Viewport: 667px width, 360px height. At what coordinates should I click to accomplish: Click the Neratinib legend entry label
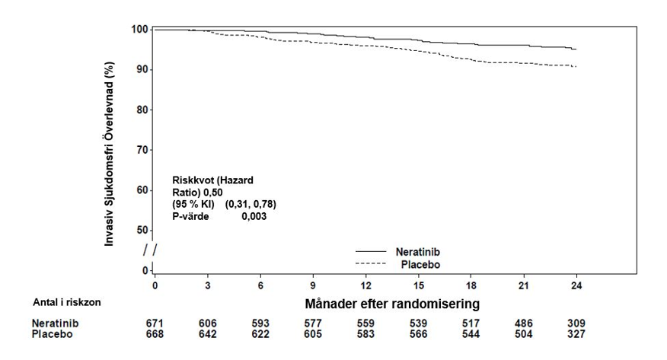tap(418, 252)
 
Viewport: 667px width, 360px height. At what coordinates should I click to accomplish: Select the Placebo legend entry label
tap(420, 264)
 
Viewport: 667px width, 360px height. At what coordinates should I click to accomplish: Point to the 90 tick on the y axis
tap(142, 69)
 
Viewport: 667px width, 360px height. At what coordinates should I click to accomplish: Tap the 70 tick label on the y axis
tap(142, 150)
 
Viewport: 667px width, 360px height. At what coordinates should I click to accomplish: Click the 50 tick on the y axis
tap(142, 231)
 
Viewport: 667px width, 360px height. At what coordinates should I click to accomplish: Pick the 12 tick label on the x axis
tap(365, 285)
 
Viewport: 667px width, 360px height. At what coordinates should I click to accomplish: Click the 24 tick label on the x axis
tap(576, 285)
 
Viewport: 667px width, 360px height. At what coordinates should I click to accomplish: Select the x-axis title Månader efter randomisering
tap(392, 304)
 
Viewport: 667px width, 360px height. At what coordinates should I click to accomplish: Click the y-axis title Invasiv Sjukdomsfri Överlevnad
tap(110, 154)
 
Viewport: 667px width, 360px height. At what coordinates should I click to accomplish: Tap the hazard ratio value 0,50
tap(212, 192)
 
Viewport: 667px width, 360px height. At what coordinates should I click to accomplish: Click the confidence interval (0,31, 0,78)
tap(251, 205)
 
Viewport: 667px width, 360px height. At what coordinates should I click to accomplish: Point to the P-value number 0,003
tap(254, 216)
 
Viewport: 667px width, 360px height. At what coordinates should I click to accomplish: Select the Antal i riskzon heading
tap(67, 302)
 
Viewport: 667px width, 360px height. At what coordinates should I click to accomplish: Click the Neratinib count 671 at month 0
tap(155, 323)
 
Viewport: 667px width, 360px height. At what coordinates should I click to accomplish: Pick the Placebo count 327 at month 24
tap(576, 334)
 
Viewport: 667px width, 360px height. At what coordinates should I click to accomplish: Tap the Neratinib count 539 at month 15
tap(418, 323)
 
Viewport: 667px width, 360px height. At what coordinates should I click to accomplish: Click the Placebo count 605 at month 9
tap(313, 334)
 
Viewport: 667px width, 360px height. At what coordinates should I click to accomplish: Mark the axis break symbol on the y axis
tap(150, 250)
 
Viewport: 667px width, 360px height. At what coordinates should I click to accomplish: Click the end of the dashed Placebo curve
tap(576, 67)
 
